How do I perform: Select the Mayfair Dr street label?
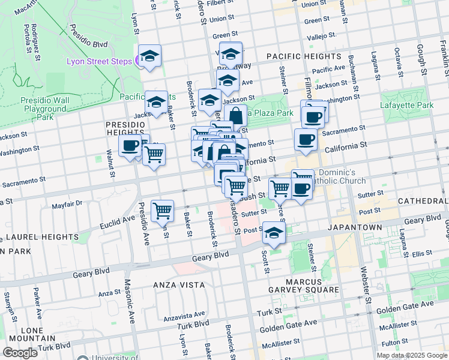click(x=67, y=203)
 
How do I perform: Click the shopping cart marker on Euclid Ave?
click(x=163, y=211)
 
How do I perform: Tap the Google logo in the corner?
click(x=20, y=353)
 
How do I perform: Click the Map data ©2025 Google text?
click(x=412, y=355)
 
